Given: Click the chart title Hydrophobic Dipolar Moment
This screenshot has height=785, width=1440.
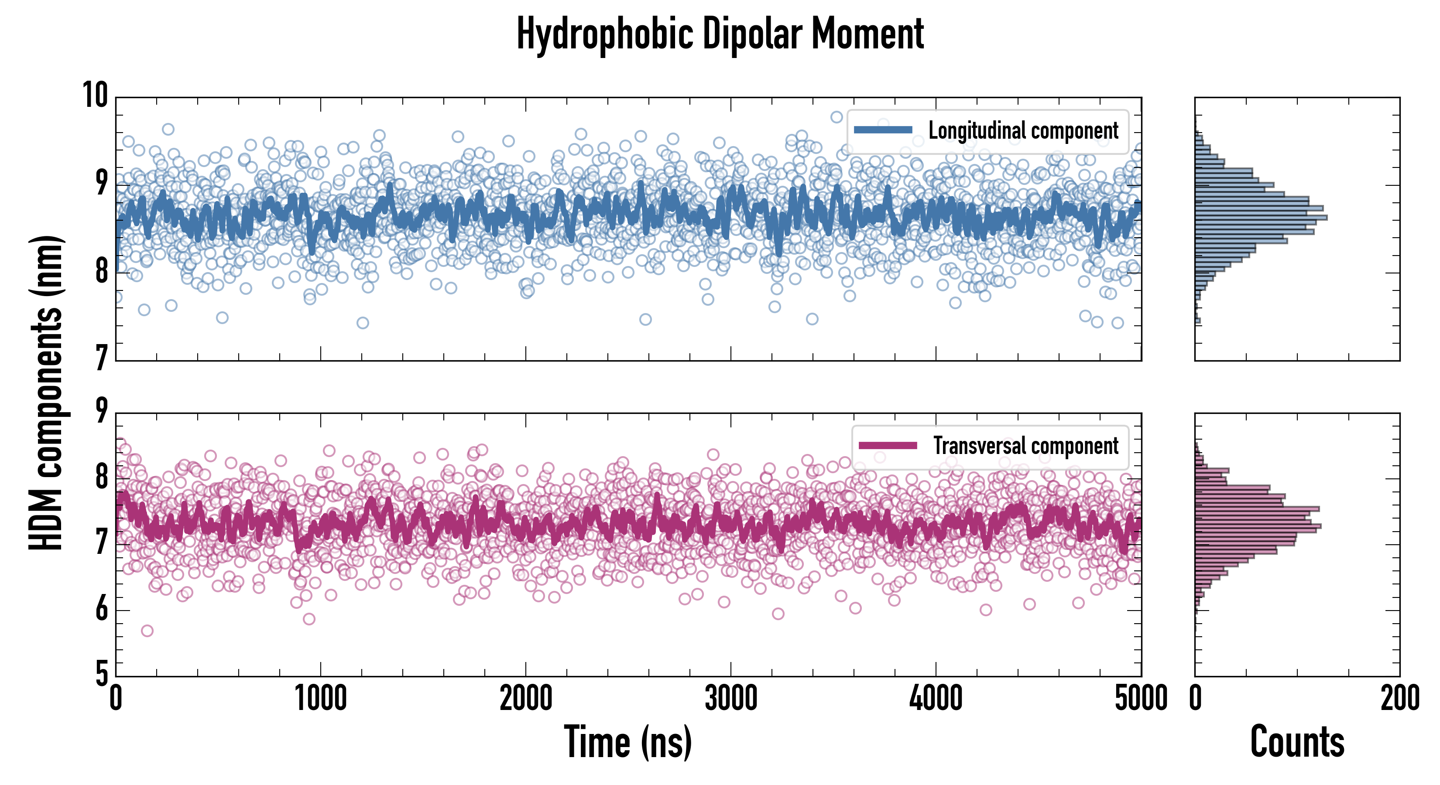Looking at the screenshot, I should click(x=720, y=34).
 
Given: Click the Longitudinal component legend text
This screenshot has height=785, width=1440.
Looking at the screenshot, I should click(x=1023, y=131).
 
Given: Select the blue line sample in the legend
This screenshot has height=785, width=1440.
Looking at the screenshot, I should click(x=883, y=130).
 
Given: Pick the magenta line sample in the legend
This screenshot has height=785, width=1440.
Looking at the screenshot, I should click(x=887, y=445).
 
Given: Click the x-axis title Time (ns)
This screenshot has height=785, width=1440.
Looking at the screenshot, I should click(x=628, y=742).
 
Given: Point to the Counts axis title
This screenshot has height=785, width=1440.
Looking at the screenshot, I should click(x=1297, y=742).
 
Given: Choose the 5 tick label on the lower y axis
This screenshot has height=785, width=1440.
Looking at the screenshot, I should click(x=101, y=674).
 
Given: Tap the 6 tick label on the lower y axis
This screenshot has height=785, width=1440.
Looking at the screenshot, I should click(x=101, y=609).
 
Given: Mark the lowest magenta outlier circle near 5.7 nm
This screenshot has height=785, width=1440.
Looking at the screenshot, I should click(x=147, y=631).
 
